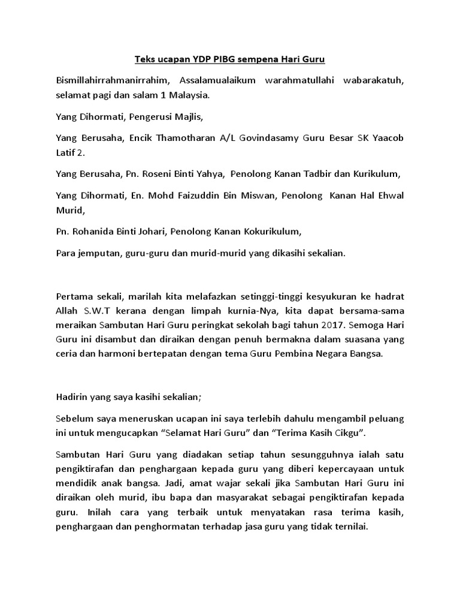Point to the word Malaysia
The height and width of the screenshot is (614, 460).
point(192,95)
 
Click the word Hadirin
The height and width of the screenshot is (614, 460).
point(71,396)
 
